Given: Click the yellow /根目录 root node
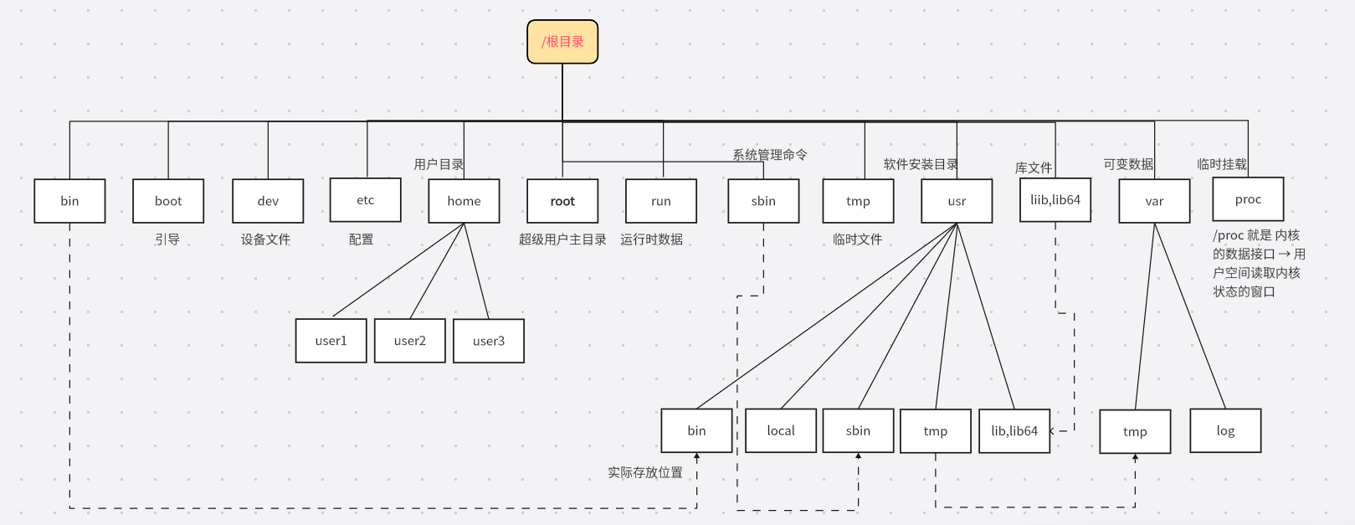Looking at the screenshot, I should (562, 42).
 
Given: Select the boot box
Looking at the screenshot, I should (168, 201).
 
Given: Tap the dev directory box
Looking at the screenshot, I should (268, 201).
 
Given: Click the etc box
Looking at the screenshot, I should (366, 200).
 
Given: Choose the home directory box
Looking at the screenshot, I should (464, 201).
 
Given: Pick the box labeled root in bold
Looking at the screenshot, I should (562, 201).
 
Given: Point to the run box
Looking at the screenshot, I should (661, 201).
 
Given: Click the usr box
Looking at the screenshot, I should (957, 201).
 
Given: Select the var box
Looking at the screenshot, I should (1154, 201).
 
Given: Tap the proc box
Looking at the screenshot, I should (1248, 199).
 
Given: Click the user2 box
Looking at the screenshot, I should (410, 341).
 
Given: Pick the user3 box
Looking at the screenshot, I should (489, 341).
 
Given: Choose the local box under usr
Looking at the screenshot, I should (781, 430).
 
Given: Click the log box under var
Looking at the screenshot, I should (1225, 430).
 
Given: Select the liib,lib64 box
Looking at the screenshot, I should (1055, 200).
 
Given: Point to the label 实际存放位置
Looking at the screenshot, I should (644, 472).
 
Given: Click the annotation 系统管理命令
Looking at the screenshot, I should (770, 155).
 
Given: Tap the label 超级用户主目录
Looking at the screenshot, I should (562, 239).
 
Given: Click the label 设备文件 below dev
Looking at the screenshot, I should (266, 239).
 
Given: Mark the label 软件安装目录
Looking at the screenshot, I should (921, 164).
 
